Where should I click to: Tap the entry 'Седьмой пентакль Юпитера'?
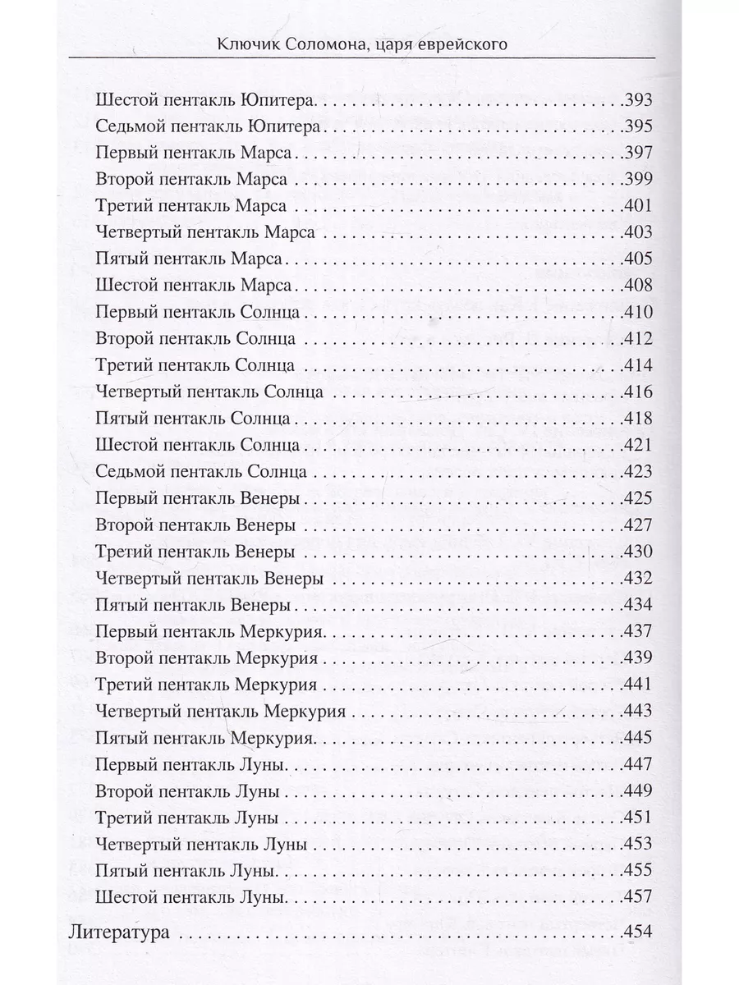(208, 126)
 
